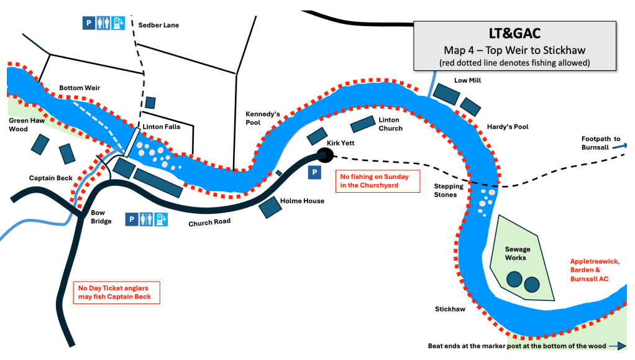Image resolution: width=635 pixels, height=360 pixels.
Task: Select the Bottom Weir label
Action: coord(80,88)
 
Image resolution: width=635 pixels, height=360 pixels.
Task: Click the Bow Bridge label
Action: coord(96,218)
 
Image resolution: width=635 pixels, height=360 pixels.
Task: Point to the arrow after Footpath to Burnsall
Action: coord(625,147)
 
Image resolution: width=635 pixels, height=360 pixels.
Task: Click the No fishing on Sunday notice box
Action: coord(370,180)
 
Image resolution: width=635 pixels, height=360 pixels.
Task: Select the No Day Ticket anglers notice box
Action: coord(116,293)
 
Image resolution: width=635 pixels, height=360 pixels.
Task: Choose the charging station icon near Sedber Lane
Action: coord(118,23)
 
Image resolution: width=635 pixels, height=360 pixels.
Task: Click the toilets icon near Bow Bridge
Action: coord(146,219)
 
